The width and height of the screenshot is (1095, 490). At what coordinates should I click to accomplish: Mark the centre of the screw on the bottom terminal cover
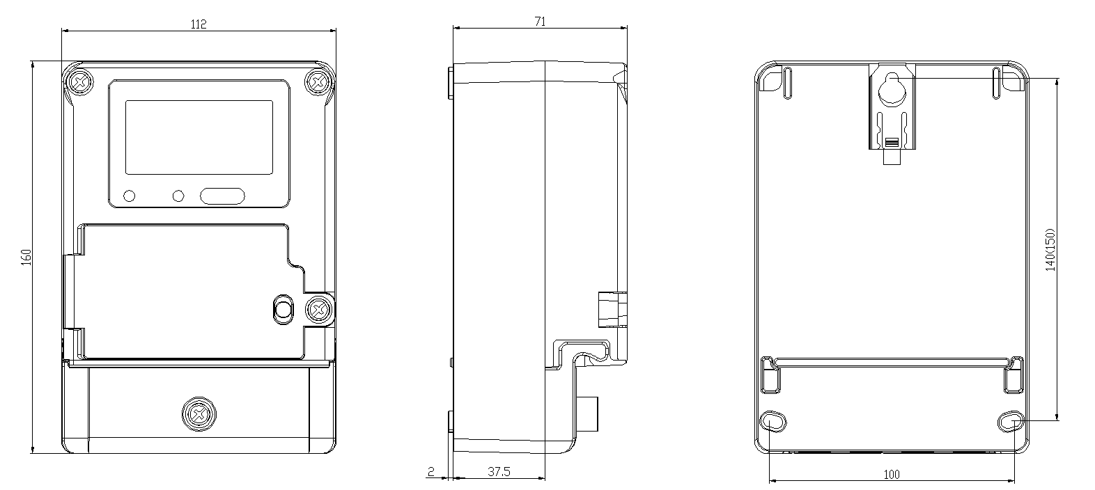point(199,414)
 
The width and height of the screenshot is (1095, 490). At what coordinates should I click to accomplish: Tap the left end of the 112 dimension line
point(62,31)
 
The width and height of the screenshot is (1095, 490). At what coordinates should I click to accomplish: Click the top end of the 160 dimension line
point(33,61)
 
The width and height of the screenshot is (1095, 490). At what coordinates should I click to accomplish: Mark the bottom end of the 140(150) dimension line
point(1057,420)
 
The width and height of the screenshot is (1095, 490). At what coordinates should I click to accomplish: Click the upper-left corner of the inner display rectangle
point(125,101)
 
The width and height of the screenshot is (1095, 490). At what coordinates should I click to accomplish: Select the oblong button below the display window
point(222,196)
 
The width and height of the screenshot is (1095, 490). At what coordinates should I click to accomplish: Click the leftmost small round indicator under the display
point(130,196)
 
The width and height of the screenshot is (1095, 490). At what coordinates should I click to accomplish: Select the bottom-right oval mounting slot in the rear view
point(1011,422)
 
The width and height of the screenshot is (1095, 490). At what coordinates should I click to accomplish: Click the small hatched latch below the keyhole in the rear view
point(892,143)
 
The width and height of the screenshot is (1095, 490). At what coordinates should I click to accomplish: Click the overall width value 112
point(199,24)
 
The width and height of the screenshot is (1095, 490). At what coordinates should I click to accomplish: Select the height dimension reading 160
point(26,258)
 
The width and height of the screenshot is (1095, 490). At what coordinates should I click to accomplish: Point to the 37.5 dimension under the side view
point(499,471)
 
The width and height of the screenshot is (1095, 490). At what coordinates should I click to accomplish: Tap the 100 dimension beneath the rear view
point(892,475)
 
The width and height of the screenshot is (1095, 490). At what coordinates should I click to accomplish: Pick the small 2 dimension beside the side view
point(431,471)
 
